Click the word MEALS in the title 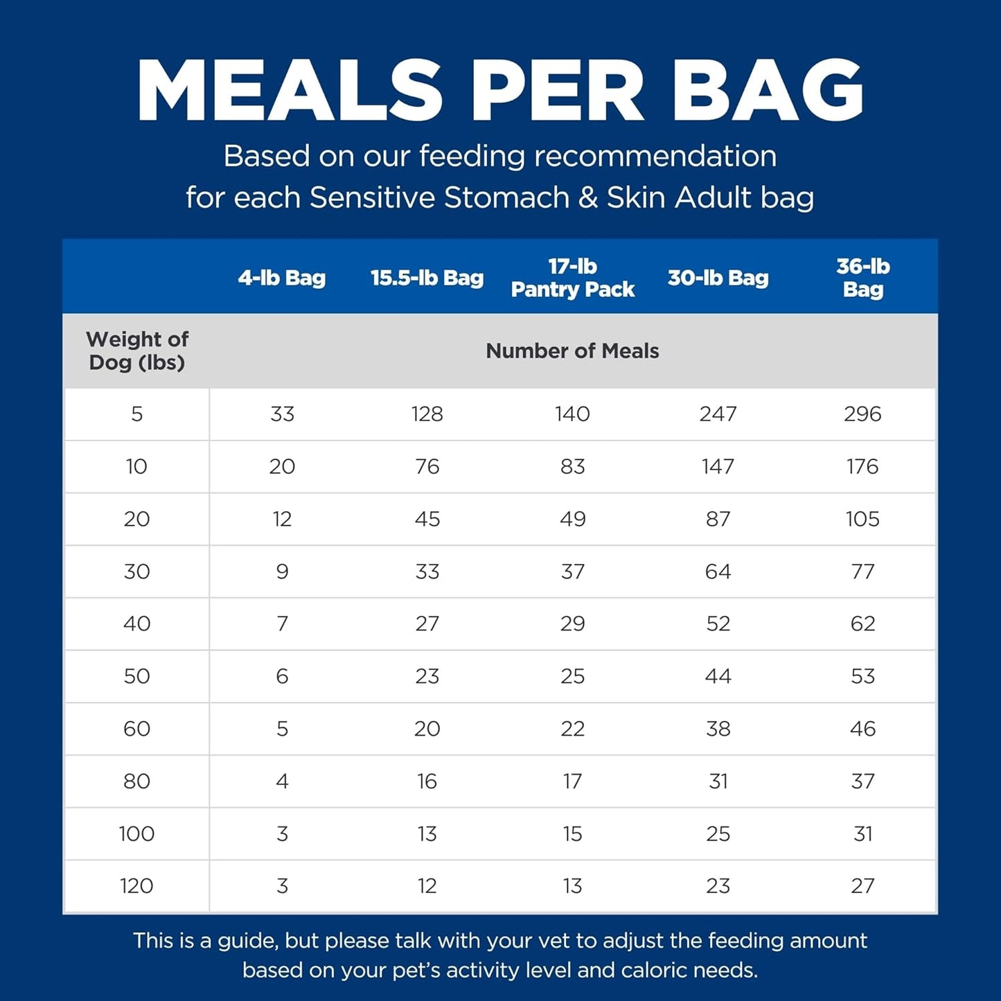coord(290,91)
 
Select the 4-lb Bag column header coord(281,278)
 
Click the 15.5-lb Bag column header coord(427,278)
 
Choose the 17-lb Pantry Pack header coord(572,278)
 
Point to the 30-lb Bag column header coord(718,278)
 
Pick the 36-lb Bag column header coord(862,278)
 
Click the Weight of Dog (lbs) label coord(137,351)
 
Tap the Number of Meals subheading coord(572,351)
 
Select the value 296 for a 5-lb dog coord(862,414)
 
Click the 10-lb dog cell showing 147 coord(718,467)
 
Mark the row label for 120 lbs coord(136,886)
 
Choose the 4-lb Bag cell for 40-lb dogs coord(282,624)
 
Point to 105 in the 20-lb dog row coord(862,520)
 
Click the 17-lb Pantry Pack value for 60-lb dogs coord(572,729)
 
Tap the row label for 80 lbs coord(136,781)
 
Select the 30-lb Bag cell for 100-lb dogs coord(718,834)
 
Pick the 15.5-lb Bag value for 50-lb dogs coord(427,677)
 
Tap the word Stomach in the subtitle coord(508,198)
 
